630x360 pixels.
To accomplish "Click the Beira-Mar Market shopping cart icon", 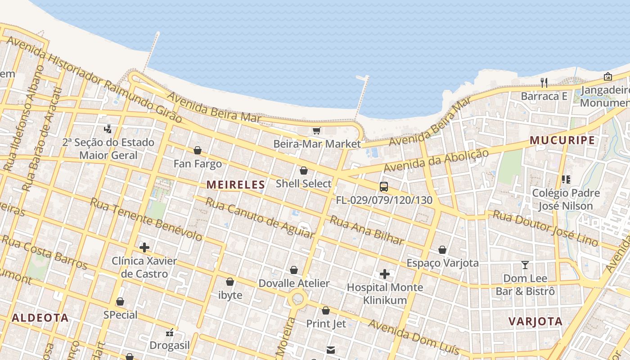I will tap(316, 131).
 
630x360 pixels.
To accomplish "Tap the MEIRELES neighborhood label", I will tap(236, 184).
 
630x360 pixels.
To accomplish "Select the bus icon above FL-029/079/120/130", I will tap(384, 187).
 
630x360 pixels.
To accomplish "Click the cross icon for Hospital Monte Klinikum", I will tap(385, 274).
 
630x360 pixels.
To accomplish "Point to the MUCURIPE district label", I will tap(562, 140).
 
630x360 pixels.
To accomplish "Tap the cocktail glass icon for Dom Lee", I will tap(525, 265).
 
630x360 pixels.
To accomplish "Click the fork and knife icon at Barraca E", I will tap(544, 82).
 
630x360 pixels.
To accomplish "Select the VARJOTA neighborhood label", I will tap(535, 321).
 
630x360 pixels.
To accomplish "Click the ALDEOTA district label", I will tap(40, 318).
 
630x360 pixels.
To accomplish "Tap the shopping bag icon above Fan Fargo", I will tap(198, 150).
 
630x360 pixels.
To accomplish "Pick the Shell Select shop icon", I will tap(304, 171).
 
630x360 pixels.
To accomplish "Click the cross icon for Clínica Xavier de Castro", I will tap(144, 247).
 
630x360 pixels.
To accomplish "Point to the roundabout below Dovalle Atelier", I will tap(297, 298).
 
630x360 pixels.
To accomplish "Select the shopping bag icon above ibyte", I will tap(230, 282).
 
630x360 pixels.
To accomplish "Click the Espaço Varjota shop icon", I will tap(442, 250).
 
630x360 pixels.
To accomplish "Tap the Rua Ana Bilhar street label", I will tap(367, 230).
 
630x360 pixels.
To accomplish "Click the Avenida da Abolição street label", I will tap(436, 161).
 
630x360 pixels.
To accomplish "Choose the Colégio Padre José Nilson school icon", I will tap(566, 180).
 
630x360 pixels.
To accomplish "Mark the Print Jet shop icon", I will tap(326, 310).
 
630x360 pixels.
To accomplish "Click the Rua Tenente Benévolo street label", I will tap(146, 219).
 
